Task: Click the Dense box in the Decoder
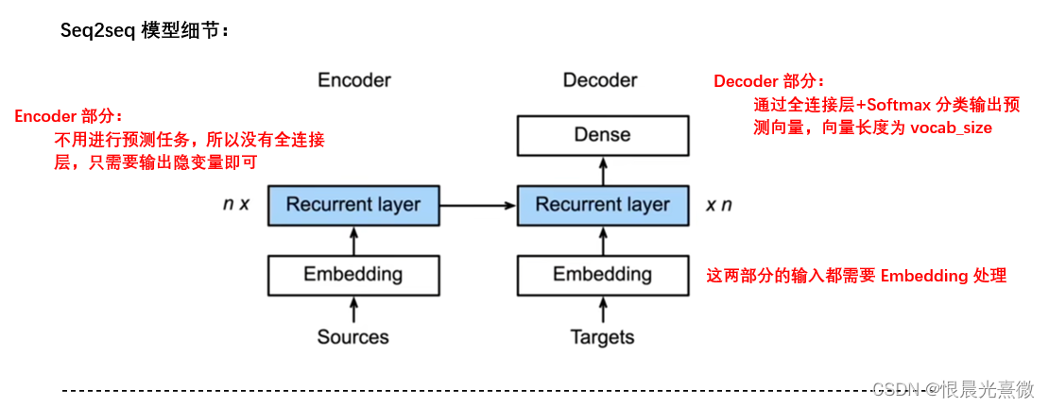602,136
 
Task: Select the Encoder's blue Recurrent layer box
353,205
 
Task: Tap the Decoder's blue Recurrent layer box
602,205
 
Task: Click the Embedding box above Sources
353,275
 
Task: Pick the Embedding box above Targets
602,275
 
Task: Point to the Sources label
353,337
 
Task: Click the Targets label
602,337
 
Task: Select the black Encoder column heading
353,80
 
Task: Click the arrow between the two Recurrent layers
478,205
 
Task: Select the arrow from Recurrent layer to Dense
602,170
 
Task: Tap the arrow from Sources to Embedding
353,309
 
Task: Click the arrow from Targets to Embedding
602,309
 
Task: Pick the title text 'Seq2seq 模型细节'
145,30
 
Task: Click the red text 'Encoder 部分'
67,116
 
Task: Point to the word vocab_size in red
951,127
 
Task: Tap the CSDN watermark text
952,389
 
